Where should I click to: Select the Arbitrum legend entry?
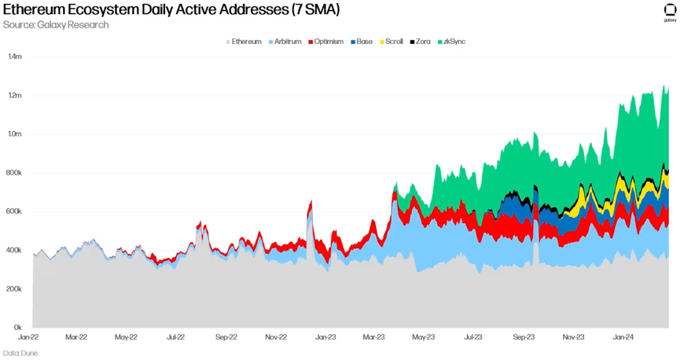(286, 41)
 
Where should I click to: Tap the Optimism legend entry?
(325, 41)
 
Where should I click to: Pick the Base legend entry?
(362, 41)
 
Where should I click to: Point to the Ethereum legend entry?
(244, 41)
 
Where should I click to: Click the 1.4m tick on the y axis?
(15, 57)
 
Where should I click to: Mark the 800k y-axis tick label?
(15, 173)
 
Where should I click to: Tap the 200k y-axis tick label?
(15, 289)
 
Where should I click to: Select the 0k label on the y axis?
(17, 328)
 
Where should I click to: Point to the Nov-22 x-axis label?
(275, 337)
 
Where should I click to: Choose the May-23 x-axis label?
(424, 337)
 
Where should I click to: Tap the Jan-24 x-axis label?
(623, 337)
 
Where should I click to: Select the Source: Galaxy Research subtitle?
(56, 25)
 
